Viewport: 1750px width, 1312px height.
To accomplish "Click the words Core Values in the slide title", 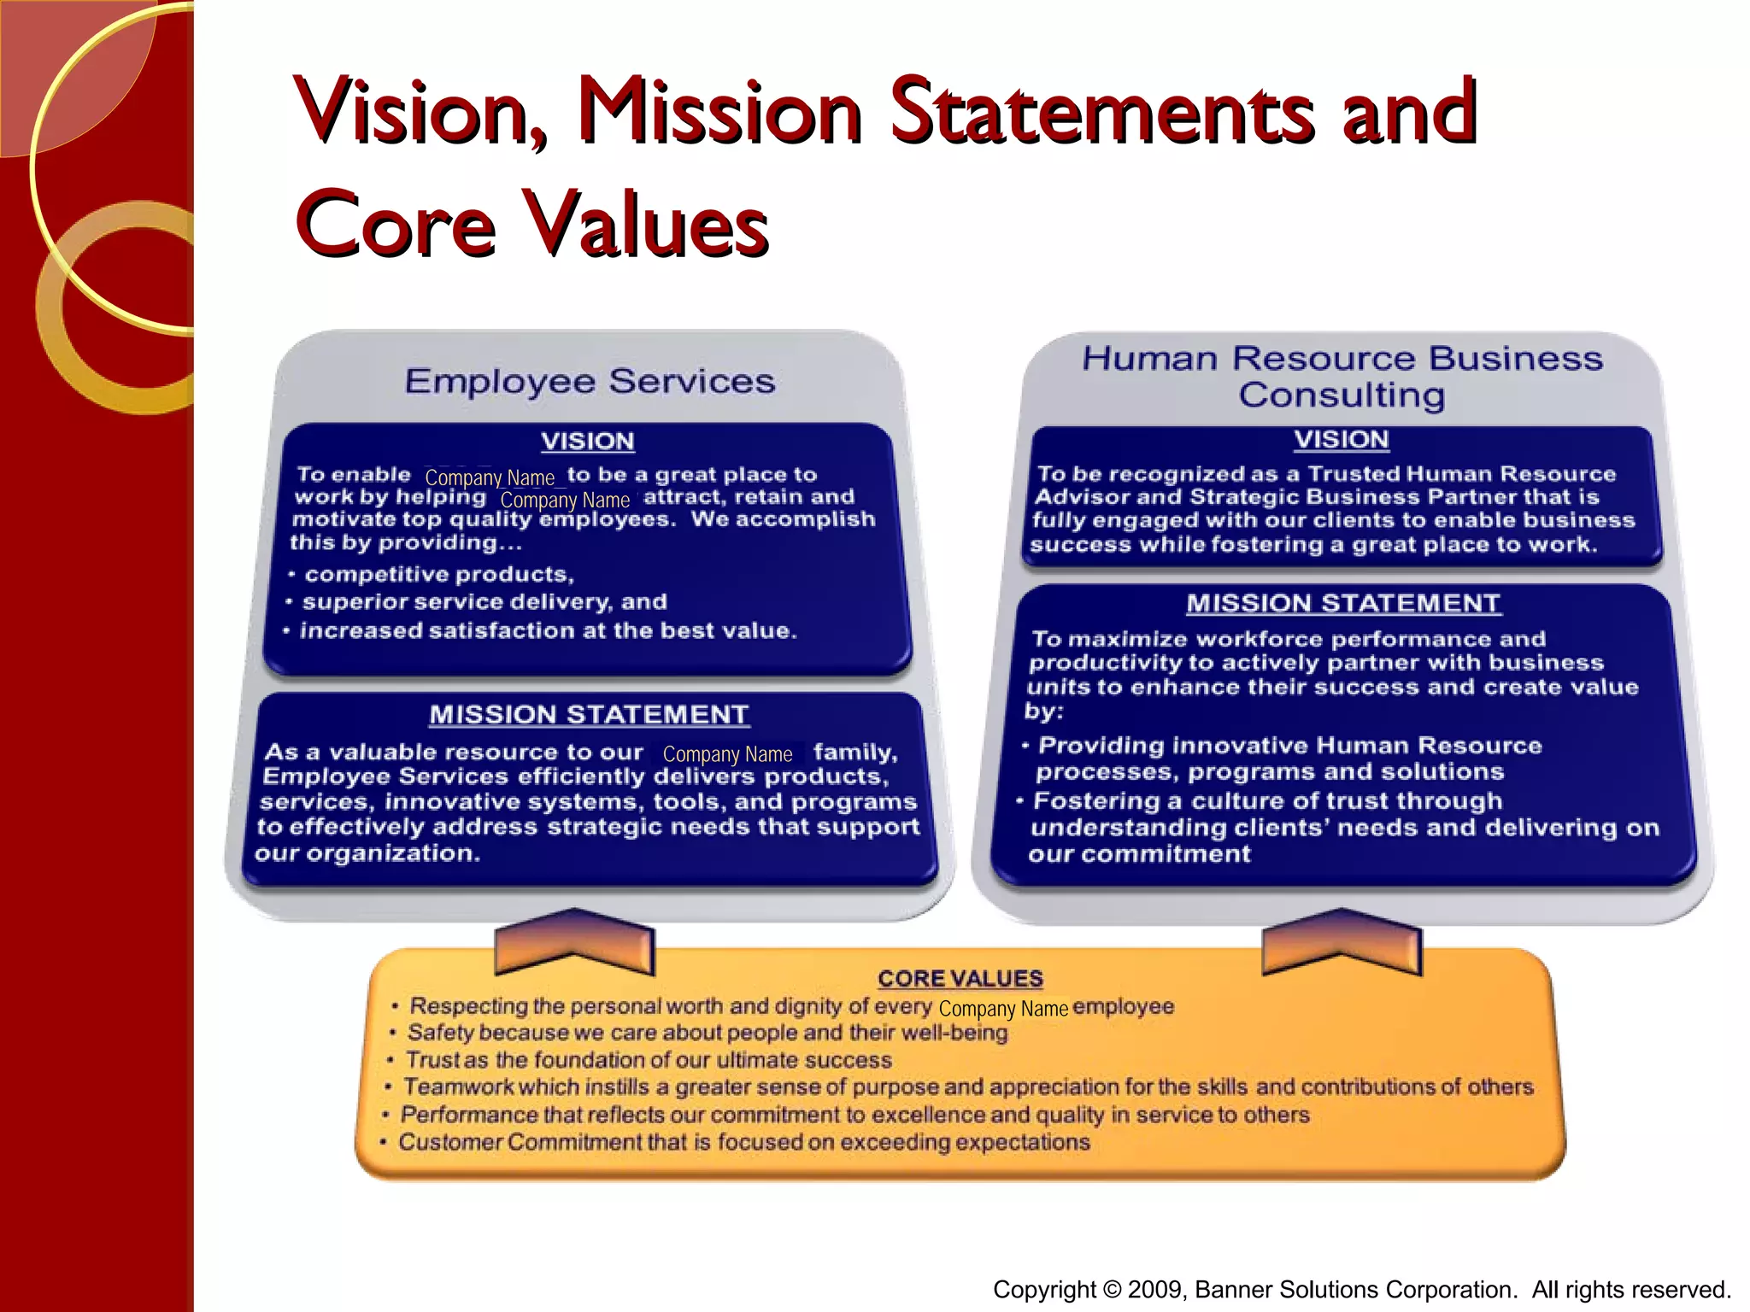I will click(x=531, y=223).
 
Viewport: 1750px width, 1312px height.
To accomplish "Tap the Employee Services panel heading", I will click(x=590, y=381).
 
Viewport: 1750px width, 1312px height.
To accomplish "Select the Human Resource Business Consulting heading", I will click(x=1342, y=377).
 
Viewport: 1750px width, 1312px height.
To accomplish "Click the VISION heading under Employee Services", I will click(x=588, y=442).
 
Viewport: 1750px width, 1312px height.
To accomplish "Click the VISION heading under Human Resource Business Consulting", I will click(x=1342, y=440).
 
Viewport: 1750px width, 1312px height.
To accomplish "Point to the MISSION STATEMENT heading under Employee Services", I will click(x=589, y=715).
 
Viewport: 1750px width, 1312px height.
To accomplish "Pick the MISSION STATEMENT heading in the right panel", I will click(x=1342, y=604).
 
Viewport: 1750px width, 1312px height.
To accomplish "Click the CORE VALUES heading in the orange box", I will click(x=960, y=979).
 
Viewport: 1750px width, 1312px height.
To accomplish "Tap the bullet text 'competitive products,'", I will click(x=438, y=574).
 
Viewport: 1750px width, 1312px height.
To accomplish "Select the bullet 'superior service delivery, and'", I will click(x=484, y=602).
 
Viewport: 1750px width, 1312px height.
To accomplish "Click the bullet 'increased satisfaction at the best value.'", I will click(x=548, y=631).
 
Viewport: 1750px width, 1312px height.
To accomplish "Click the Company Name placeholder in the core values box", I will click(x=1003, y=1009).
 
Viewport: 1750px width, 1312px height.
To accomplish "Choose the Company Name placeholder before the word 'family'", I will click(x=727, y=754).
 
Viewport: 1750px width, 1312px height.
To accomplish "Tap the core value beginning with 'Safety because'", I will click(x=707, y=1034).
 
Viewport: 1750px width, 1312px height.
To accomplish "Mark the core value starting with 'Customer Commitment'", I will click(x=743, y=1143).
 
